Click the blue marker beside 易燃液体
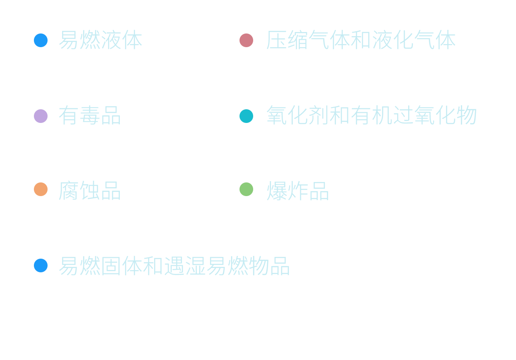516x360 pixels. [41, 40]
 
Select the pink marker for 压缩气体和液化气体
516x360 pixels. [246, 40]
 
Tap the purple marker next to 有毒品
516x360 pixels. [41, 116]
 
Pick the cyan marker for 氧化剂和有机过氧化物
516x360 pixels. [246, 116]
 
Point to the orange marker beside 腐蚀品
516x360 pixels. [41, 189]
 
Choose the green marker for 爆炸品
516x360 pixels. [246, 189]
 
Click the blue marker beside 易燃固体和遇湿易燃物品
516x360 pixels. [41, 265]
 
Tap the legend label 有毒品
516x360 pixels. [90, 115]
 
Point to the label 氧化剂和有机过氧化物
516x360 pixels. [371, 115]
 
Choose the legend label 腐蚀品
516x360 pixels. [90, 191]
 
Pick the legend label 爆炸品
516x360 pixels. [297, 191]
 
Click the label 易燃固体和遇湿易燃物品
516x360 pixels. [175, 266]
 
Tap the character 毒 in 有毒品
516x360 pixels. [90, 115]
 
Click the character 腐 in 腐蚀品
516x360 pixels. [69, 191]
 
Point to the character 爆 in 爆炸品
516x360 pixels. [275, 191]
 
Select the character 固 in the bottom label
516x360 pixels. [111, 266]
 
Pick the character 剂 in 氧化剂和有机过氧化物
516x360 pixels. [317, 115]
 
